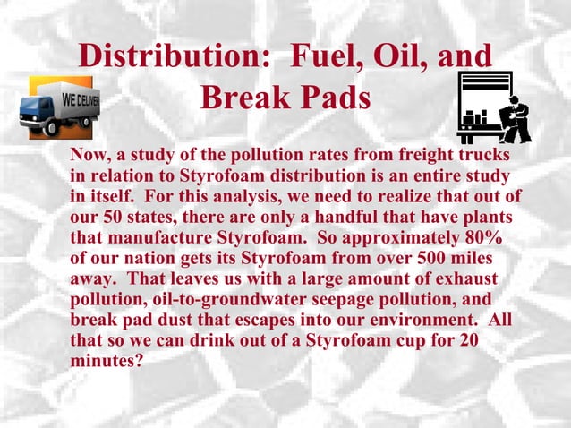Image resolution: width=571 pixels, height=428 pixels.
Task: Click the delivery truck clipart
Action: point(59,105)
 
